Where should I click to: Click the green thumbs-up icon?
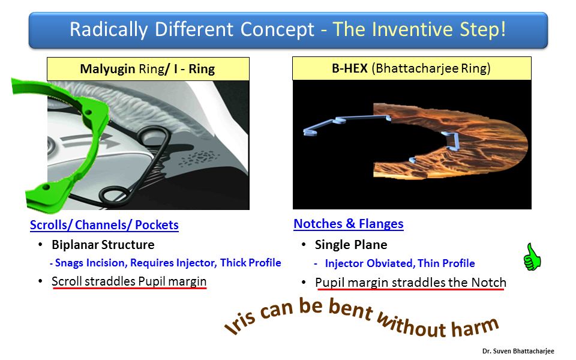(532, 257)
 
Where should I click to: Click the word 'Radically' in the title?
(109, 29)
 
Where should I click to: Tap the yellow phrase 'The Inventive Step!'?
(419, 29)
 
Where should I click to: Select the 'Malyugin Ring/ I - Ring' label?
(148, 68)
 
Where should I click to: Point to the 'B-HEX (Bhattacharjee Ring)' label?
(412, 68)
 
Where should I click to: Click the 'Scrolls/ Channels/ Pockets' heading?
(104, 225)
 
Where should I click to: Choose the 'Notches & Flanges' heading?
(349, 224)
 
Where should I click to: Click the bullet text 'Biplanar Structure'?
(103, 245)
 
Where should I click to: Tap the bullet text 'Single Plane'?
(351, 245)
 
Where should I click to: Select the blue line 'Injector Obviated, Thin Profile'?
(400, 263)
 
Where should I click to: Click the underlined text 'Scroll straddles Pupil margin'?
(129, 281)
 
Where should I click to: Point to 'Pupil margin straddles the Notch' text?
(410, 283)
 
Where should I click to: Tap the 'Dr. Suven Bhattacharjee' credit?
(518, 351)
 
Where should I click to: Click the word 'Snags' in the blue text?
(69, 263)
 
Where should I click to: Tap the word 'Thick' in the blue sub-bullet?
(233, 263)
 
